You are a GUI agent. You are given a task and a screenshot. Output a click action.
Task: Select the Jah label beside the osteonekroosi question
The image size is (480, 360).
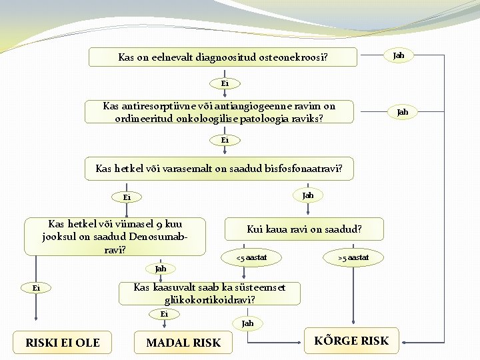[398, 55]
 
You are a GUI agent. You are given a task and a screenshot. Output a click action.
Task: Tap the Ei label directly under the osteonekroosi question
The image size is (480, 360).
[225, 83]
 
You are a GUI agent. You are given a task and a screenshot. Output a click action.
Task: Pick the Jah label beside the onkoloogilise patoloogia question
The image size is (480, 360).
[402, 112]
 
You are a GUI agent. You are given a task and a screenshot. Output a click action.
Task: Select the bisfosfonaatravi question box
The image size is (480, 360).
[219, 169]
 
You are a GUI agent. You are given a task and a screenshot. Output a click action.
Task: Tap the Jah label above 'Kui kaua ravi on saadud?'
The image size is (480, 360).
[307, 195]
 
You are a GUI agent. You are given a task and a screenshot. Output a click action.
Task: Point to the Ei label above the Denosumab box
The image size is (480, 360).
[127, 197]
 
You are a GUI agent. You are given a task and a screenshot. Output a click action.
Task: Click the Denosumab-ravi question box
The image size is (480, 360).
[114, 237]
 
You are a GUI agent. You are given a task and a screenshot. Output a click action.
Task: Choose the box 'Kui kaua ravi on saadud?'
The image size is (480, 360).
[304, 229]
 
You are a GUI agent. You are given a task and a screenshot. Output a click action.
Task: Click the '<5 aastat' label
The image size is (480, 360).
[251, 257]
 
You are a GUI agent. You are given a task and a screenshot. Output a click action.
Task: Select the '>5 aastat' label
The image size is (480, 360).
[353, 257]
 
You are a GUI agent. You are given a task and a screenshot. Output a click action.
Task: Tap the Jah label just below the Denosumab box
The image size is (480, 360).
[160, 269]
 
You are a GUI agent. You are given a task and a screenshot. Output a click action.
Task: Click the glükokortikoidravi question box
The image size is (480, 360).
[209, 293]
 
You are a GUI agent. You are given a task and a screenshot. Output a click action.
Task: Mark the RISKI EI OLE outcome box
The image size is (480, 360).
[63, 343]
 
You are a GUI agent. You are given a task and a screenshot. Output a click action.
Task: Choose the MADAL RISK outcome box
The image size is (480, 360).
[183, 343]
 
